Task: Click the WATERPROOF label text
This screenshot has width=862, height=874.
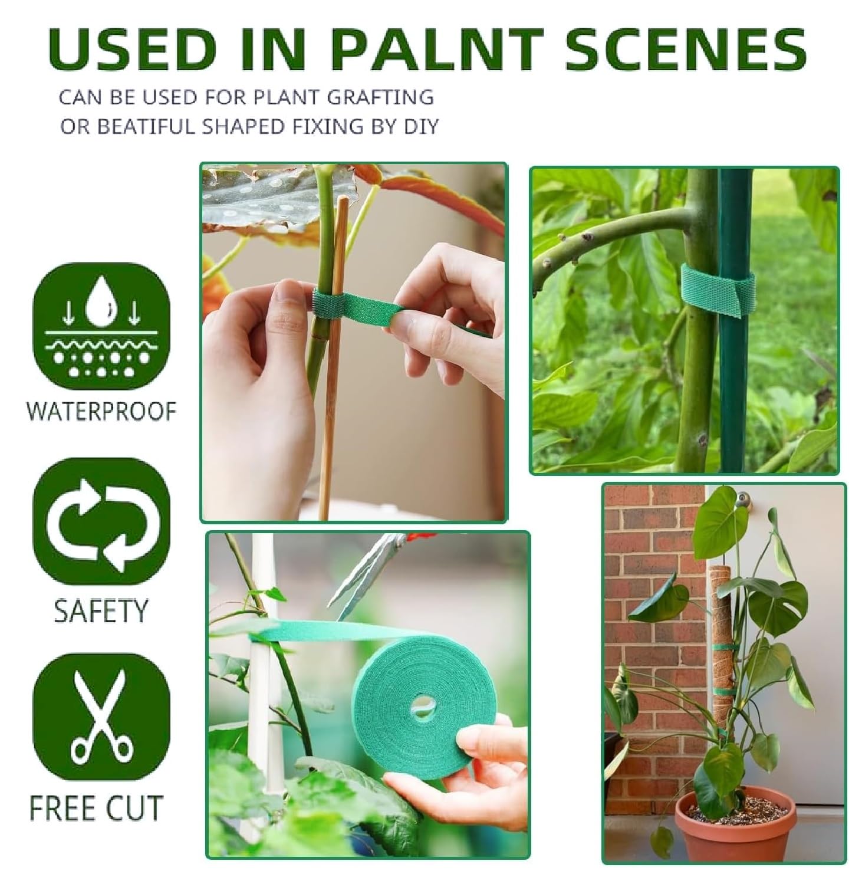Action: coord(101,411)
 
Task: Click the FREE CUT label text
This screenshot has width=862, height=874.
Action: coord(96,808)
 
